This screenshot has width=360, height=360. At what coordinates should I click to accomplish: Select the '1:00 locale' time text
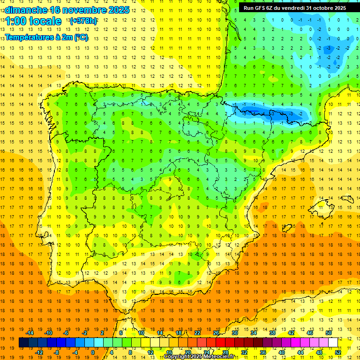click(33, 21)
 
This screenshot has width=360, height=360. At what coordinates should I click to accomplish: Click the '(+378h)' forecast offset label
click(83, 21)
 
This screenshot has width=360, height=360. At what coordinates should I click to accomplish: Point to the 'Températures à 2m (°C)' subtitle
click(47, 37)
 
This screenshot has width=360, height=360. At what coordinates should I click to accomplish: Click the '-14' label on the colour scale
click(30, 333)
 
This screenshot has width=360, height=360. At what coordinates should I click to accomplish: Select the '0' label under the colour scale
click(93, 352)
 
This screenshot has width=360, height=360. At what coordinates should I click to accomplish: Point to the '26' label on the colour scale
click(216, 333)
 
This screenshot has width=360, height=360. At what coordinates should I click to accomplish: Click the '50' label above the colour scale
click(328, 333)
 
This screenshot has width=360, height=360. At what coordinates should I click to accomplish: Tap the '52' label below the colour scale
click(338, 352)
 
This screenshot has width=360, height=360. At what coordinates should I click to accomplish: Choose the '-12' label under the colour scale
click(39, 352)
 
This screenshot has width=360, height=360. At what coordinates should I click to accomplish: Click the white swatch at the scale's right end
click(333, 343)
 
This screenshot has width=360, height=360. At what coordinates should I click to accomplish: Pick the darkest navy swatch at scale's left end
click(23, 343)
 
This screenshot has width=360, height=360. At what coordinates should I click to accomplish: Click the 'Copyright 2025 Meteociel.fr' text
click(199, 357)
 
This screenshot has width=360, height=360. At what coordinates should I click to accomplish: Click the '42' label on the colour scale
click(291, 333)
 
